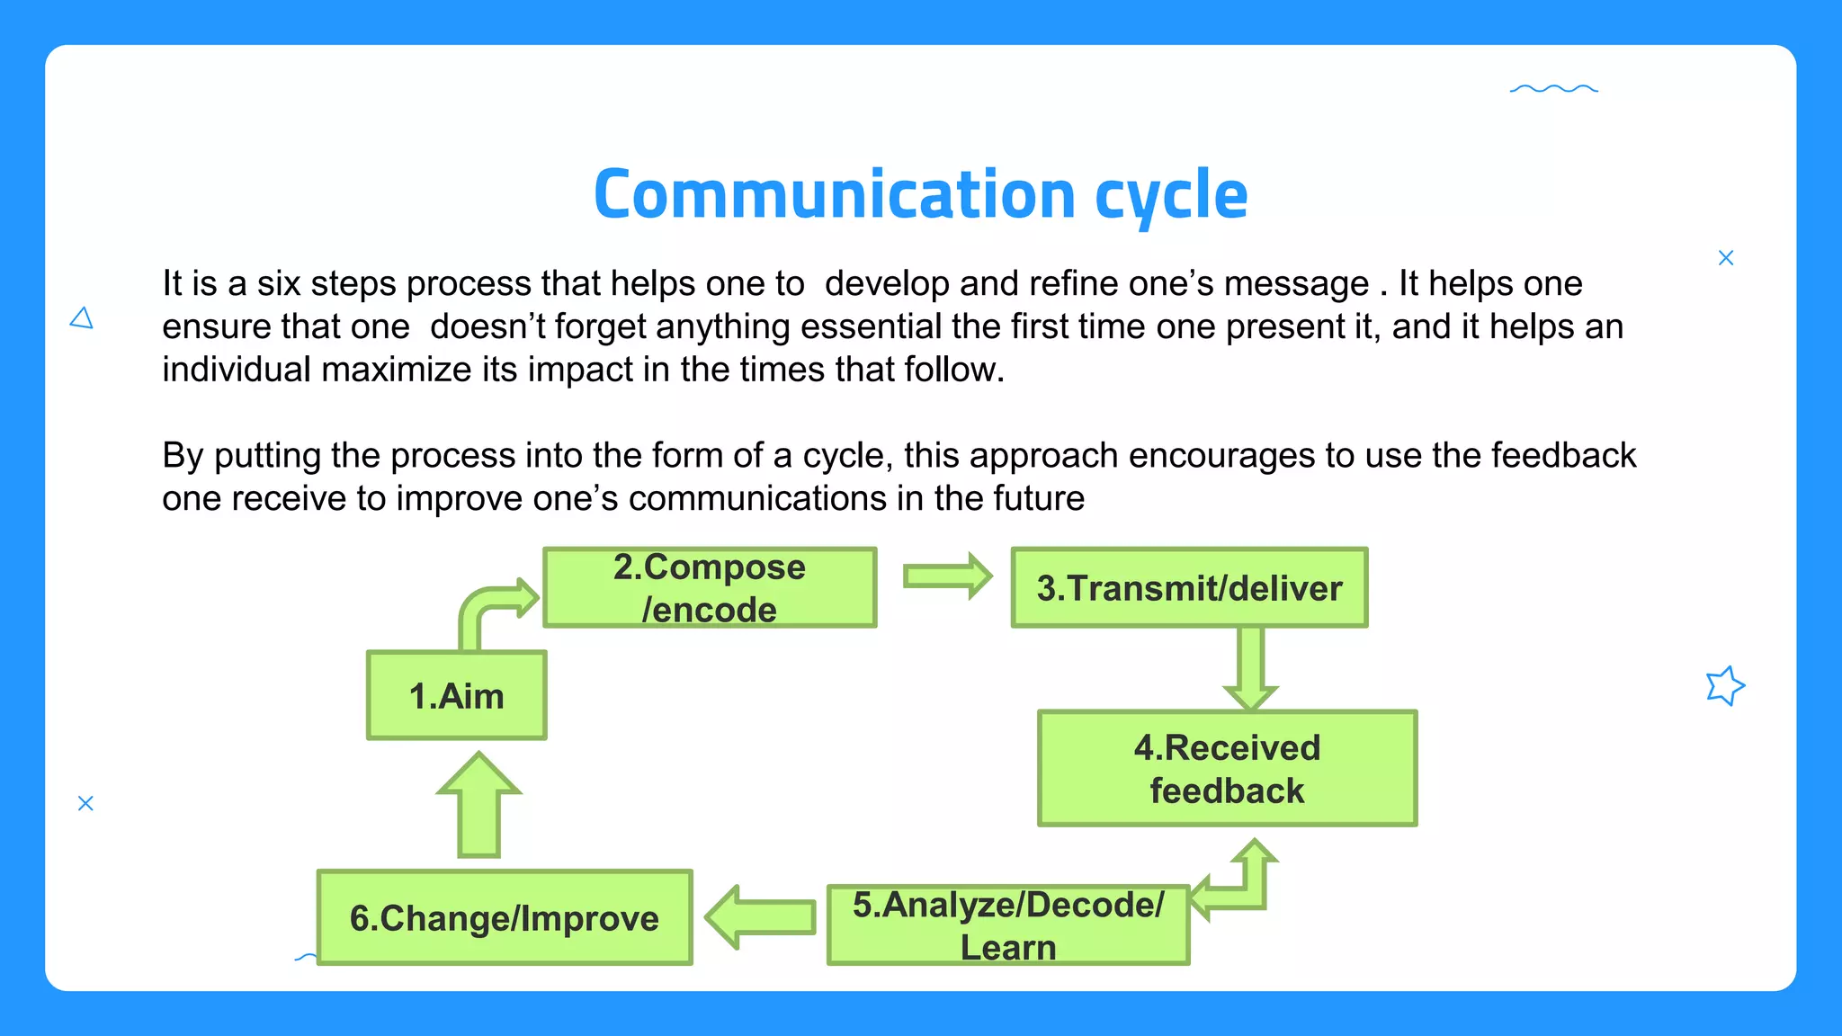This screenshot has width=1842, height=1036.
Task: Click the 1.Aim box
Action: pyautogui.click(x=456, y=695)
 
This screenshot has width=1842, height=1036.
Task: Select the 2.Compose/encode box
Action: pyautogui.click(x=710, y=587)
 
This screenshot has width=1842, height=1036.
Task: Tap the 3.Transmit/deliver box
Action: pyautogui.click(x=1189, y=587)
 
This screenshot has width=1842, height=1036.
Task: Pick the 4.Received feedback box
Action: pyautogui.click(x=1227, y=768)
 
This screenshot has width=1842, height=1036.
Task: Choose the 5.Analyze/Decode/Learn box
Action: pyautogui.click(x=1007, y=924)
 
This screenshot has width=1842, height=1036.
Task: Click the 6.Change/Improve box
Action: pyautogui.click(x=505, y=917)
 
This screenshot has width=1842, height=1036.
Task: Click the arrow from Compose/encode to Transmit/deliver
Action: pyautogui.click(x=946, y=576)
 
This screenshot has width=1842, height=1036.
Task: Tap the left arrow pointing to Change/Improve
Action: pyautogui.click(x=761, y=917)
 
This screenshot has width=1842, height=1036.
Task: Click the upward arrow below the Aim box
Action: pyautogui.click(x=478, y=806)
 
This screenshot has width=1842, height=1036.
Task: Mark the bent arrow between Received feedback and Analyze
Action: pyautogui.click(x=1246, y=886)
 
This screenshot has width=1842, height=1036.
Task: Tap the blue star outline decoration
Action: pyautogui.click(x=1724, y=686)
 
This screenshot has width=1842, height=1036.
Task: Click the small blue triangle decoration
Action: pyautogui.click(x=82, y=318)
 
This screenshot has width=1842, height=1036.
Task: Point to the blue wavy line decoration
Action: pyautogui.click(x=1553, y=89)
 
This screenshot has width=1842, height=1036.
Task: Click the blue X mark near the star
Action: pyautogui.click(x=1725, y=258)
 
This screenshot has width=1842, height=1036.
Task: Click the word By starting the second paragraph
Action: pyautogui.click(x=183, y=456)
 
